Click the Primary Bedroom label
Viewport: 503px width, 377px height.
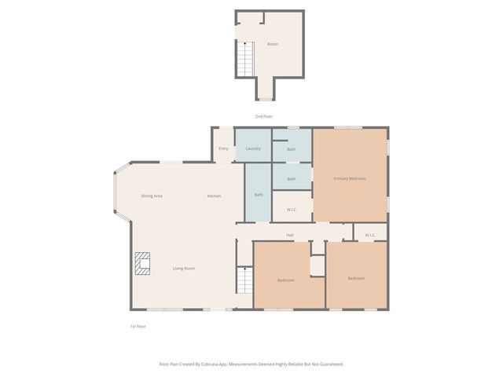(x=350, y=178)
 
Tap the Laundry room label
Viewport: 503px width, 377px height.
(x=253, y=148)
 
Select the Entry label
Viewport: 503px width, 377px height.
(x=223, y=148)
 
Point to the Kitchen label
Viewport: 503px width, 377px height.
(x=214, y=196)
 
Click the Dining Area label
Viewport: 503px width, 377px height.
(x=152, y=196)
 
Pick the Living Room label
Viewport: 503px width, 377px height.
(x=184, y=269)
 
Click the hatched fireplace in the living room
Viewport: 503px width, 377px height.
(x=142, y=264)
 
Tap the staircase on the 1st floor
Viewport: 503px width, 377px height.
(x=244, y=280)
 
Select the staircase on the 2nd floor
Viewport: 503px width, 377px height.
(x=246, y=60)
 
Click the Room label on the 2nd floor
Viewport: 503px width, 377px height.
(x=273, y=44)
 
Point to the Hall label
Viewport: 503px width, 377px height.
(x=290, y=236)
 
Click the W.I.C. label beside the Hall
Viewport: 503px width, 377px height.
(x=370, y=236)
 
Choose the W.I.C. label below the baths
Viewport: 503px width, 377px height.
(x=292, y=210)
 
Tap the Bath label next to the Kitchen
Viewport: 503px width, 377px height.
(x=259, y=195)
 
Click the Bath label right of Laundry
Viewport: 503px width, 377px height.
(x=292, y=149)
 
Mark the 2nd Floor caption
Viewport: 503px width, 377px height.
(x=264, y=116)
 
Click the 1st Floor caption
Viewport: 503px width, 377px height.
(x=138, y=327)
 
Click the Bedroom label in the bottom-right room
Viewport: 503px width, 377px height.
(x=356, y=278)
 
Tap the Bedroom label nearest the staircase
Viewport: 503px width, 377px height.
(x=286, y=280)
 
